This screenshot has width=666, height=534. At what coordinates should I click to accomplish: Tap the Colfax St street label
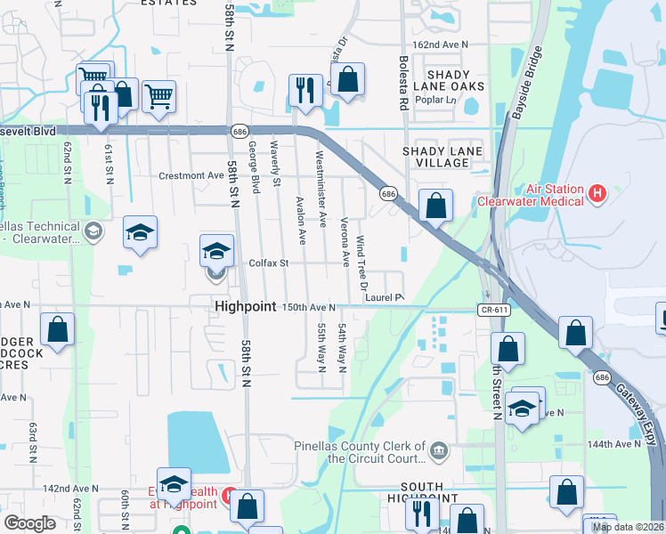[270, 263]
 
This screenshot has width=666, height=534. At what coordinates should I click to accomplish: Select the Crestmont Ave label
[191, 176]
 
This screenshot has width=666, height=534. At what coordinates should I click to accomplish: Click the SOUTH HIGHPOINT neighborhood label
[422, 493]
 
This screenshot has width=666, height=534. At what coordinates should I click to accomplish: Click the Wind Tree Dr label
[361, 263]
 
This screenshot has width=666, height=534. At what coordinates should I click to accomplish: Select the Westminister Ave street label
[321, 186]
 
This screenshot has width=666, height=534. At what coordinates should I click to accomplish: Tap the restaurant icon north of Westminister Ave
[305, 91]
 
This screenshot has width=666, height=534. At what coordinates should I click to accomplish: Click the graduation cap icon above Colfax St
[216, 253]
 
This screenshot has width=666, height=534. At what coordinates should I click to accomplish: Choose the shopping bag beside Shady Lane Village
[435, 206]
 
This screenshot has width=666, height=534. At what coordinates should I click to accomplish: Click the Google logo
[29, 523]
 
